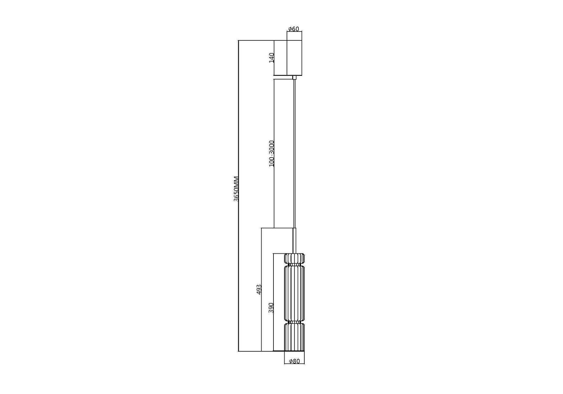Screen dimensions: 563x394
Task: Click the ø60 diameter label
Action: (294, 29)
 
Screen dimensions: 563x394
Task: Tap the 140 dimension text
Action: (271, 58)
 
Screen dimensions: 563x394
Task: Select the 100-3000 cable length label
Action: (271, 153)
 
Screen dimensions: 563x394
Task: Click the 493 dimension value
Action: (259, 289)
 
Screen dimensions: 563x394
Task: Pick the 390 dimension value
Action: (271, 308)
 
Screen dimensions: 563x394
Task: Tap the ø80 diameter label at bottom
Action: (294, 361)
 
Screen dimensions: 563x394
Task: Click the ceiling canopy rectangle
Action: (294, 58)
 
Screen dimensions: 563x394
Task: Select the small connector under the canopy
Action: (294, 77)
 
